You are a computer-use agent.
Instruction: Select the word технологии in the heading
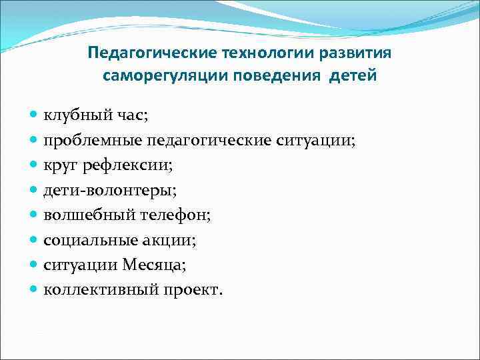coord(243,53)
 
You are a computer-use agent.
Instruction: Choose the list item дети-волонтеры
coord(110,191)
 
